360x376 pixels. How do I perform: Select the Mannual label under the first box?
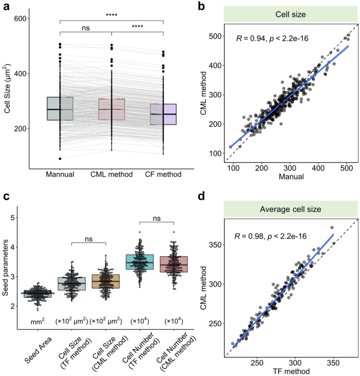pos(60,174)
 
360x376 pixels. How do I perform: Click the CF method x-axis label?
pos(163,174)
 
